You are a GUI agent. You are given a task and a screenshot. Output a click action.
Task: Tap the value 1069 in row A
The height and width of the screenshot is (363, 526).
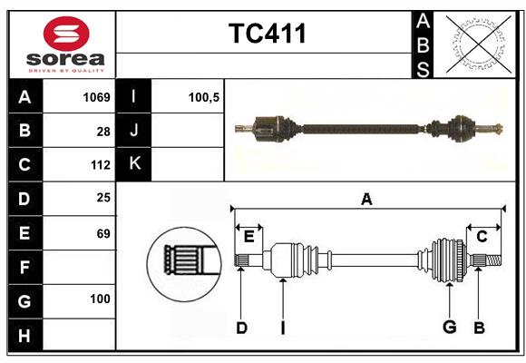[x=95, y=96]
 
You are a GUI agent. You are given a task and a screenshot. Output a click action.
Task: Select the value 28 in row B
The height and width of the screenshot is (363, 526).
[x=102, y=131]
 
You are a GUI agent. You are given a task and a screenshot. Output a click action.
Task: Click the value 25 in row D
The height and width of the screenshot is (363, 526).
[x=102, y=199]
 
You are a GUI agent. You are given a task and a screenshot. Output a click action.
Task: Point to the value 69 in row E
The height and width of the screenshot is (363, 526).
[x=102, y=233]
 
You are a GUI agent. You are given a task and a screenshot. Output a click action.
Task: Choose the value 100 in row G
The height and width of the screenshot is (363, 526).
[x=100, y=299]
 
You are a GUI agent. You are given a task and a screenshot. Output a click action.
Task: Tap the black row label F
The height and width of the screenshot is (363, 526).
[x=24, y=267]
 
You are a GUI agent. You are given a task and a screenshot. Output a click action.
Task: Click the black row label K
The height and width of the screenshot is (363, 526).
[x=134, y=164]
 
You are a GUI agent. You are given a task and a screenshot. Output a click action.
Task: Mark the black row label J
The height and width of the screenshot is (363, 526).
[x=134, y=131]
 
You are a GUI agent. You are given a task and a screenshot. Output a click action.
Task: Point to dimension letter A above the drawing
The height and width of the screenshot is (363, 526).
[x=366, y=199]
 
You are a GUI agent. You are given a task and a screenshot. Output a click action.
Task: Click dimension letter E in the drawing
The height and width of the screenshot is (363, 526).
[x=248, y=237]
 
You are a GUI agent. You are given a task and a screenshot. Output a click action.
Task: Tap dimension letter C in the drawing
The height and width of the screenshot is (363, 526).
[x=482, y=237]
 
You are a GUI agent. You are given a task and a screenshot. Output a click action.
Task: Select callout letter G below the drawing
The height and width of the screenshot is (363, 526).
[x=448, y=328]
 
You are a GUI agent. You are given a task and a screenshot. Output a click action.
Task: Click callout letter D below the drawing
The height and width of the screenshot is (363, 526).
[x=241, y=328]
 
